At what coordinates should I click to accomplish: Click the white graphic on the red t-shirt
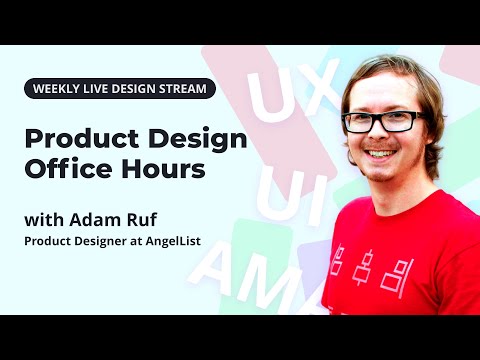coord(371,267)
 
